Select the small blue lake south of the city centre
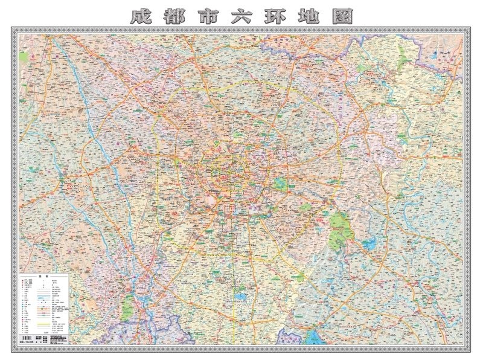coord(240,297)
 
